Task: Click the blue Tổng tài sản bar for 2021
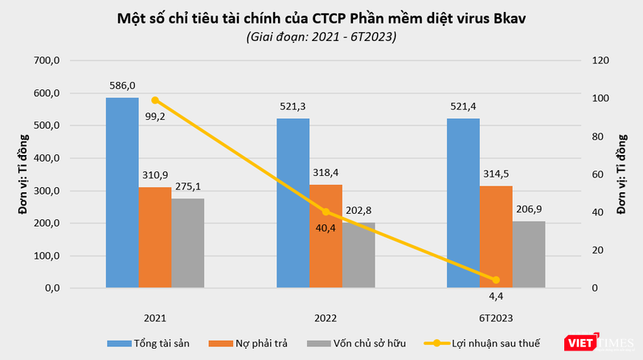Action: (122, 193)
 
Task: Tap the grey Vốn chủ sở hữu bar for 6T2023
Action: (528, 254)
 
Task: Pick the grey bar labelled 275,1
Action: (188, 243)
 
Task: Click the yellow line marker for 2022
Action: (326, 211)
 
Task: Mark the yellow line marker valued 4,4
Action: (495, 280)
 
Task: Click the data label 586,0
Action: (122, 84)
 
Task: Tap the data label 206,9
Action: (530, 209)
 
